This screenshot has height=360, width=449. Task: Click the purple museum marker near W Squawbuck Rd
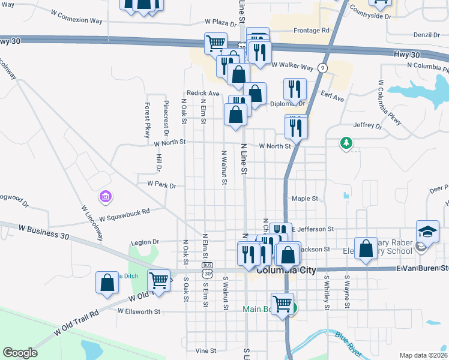pos(106,197)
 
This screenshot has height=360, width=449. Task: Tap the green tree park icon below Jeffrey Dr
pos(346,143)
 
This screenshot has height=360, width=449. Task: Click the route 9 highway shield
pos(323,67)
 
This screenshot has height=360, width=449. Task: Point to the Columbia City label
pos(286,271)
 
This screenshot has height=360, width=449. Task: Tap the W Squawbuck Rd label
pos(124,214)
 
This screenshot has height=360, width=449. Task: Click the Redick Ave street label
pos(203,94)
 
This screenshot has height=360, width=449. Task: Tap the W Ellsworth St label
pos(139,311)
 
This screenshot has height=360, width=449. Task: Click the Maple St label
pos(304,199)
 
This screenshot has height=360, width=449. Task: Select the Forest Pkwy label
pos(146,121)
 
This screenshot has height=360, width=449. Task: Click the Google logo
pos(20,353)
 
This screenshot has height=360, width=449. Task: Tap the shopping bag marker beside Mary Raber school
pos(366,248)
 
